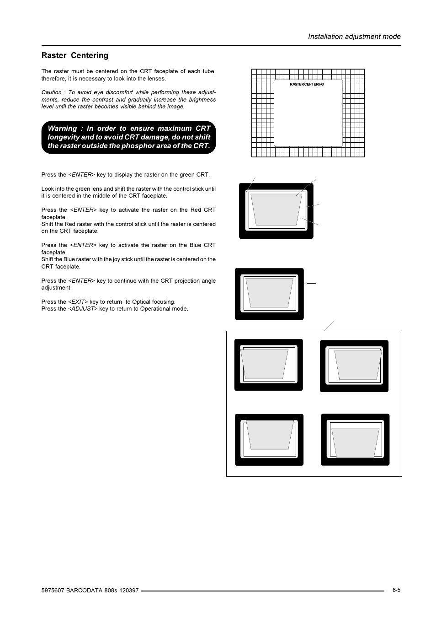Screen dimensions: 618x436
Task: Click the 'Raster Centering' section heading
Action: pyautogui.click(x=75, y=55)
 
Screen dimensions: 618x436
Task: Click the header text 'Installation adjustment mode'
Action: pyautogui.click(x=354, y=37)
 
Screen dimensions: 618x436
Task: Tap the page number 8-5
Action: pyautogui.click(x=396, y=590)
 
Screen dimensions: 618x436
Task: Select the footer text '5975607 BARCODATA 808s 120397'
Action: pyautogui.click(x=90, y=591)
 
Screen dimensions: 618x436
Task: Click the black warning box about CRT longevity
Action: pyautogui.click(x=128, y=137)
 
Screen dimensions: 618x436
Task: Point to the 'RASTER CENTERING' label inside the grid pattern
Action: pyautogui.click(x=307, y=84)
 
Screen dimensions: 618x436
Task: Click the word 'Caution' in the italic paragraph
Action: pyautogui.click(x=51, y=92)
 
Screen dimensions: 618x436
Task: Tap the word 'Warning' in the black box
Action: pyautogui.click(x=62, y=129)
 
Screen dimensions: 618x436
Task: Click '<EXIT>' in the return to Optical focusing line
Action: pyautogui.click(x=78, y=302)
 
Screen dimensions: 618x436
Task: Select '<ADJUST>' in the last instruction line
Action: pyautogui.click(x=83, y=309)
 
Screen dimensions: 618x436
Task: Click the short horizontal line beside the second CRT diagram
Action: pyautogui.click(x=311, y=283)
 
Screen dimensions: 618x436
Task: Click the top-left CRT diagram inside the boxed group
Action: pyautogui.click(x=268, y=365)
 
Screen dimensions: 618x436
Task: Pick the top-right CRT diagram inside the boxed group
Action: pyautogui.click(x=354, y=366)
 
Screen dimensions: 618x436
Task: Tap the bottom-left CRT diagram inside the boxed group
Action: pyautogui.click(x=269, y=440)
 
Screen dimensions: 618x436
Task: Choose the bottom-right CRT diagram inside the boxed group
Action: pyautogui.click(x=355, y=440)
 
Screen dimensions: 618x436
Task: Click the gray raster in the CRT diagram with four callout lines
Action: pyautogui.click(x=276, y=210)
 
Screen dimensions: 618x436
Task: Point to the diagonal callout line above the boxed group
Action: pyautogui.click(x=329, y=326)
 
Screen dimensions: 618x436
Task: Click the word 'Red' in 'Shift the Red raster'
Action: pyautogui.click(x=70, y=224)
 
